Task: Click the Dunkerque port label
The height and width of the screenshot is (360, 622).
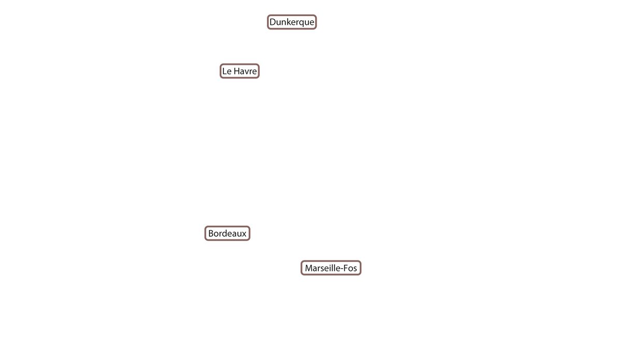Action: pos(292,22)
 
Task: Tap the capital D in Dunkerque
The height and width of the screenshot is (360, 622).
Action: pos(273,22)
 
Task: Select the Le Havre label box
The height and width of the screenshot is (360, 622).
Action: pos(239,71)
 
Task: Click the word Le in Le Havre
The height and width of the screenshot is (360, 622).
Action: pos(227,71)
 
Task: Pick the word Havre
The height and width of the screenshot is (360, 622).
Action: pos(245,71)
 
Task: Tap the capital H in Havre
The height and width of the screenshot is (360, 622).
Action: pos(236,71)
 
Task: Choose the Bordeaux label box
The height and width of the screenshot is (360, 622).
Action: pos(228,234)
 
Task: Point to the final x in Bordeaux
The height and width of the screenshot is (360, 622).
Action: pos(244,235)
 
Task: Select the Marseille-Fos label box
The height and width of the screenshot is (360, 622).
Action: pos(331,268)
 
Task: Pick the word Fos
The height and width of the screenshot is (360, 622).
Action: pos(350,268)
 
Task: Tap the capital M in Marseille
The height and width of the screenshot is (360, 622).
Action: pos(308,268)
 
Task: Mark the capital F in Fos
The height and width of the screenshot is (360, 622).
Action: pos(346,268)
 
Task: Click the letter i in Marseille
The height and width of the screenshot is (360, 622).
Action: pos(332,268)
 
